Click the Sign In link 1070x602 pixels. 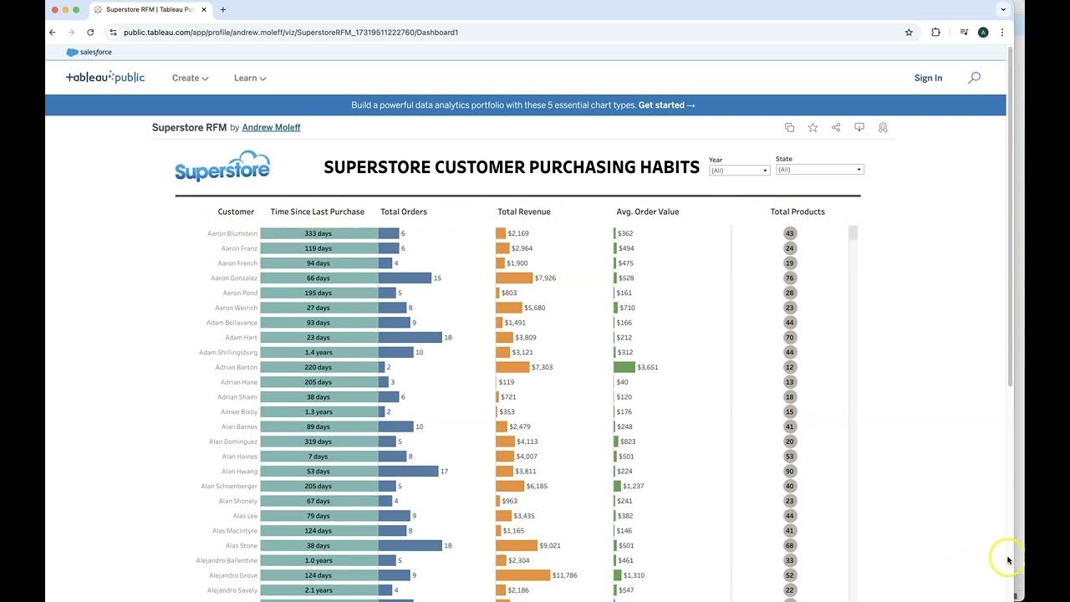(x=928, y=78)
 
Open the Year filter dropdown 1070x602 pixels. (x=739, y=171)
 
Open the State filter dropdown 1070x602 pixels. (x=819, y=170)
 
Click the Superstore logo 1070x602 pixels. (x=222, y=166)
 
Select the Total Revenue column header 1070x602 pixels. (x=523, y=212)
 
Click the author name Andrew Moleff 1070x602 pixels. (x=271, y=128)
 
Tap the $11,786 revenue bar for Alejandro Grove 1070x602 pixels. (x=522, y=575)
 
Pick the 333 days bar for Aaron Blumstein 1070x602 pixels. (x=318, y=233)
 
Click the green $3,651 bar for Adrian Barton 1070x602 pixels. (x=624, y=367)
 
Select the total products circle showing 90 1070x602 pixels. (x=790, y=471)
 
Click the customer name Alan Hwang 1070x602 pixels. (x=239, y=472)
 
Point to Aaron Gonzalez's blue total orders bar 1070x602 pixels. (x=405, y=278)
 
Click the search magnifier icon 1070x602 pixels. (x=974, y=78)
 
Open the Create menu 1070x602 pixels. (x=190, y=78)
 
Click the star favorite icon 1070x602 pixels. (x=813, y=128)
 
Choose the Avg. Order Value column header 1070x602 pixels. (x=647, y=212)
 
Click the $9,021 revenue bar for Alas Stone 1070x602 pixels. (x=516, y=545)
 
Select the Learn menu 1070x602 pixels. (x=250, y=78)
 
